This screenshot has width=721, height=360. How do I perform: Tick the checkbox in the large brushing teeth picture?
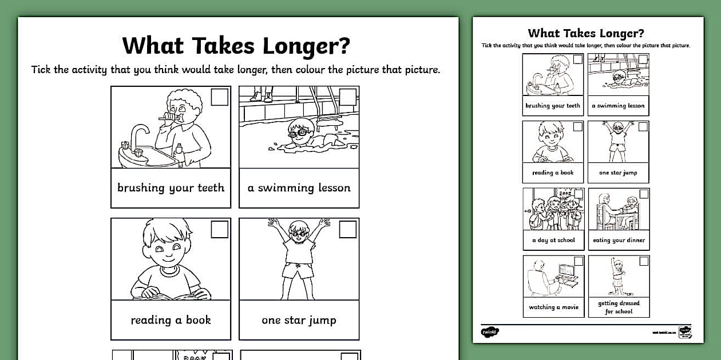pos(220,97)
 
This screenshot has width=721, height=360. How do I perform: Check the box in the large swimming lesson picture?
pos(348,97)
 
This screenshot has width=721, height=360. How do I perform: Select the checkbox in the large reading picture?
pos(220,229)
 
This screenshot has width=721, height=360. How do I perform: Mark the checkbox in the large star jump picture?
pos(348,229)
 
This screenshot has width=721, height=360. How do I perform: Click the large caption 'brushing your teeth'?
pos(171,188)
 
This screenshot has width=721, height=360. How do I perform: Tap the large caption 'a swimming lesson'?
pos(299,188)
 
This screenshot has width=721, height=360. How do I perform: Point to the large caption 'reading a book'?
pos(171,320)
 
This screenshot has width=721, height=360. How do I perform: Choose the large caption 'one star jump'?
pos(299,320)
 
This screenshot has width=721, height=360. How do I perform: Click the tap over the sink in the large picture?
pos(138,135)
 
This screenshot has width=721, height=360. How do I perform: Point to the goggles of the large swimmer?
pos(298,133)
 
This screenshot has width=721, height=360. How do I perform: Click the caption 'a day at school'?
pos(553,241)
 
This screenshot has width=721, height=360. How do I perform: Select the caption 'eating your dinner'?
pos(619,241)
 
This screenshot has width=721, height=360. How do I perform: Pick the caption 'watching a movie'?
pos(553,307)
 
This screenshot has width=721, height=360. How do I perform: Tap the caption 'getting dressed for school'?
pos(619,307)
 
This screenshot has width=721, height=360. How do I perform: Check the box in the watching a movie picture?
pos(579,261)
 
